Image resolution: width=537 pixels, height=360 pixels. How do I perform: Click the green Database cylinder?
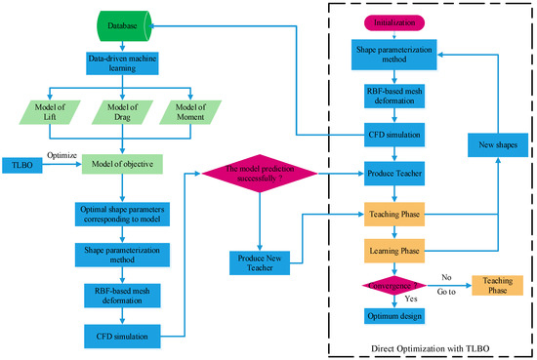click(x=121, y=19)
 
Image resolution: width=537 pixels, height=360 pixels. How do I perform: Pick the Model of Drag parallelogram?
click(x=121, y=111)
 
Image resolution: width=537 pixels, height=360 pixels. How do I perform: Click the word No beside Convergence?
click(x=446, y=276)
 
